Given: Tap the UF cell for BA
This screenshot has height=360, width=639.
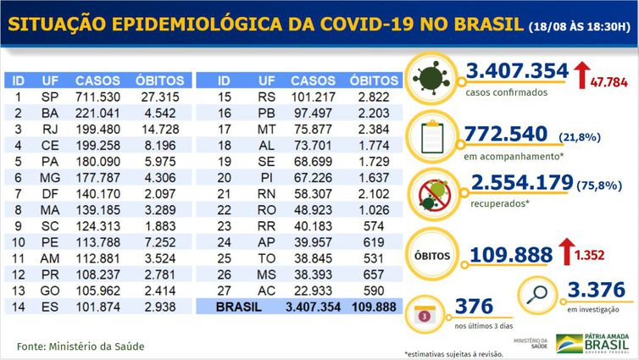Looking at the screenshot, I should [49, 113].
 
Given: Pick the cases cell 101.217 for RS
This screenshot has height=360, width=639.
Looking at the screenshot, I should [314, 97].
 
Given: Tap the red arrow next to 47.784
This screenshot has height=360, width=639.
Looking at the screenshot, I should [583, 75].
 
